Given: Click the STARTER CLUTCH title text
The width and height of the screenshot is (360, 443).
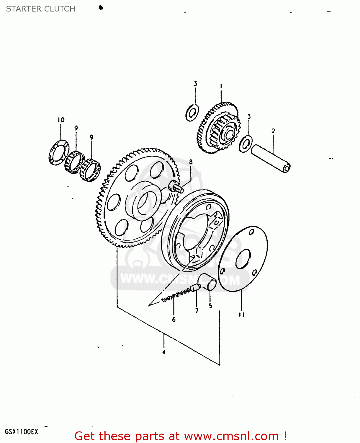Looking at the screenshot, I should point(40,9).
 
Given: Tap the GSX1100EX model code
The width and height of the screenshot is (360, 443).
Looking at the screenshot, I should point(22,432).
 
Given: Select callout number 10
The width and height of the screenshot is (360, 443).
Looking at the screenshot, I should point(61,120).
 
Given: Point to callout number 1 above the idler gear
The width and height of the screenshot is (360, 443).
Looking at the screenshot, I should point(221,86).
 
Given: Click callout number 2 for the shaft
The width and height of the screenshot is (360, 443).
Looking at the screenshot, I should point(273,131).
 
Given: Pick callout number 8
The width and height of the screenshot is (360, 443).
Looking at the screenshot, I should point(191,162).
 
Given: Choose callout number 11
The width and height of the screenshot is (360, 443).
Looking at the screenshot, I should point(242,315).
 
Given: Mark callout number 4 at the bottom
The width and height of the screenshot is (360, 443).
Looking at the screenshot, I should point(164,352).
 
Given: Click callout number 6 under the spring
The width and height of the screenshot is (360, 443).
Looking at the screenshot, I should point(174,319).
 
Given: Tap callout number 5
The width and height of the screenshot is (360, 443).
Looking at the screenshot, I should point(210,306).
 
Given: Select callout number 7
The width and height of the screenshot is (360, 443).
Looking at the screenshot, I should point(197,310).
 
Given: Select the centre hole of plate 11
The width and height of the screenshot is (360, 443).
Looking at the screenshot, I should point(243,259).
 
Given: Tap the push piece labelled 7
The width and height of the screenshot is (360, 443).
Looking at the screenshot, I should point(195,287).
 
